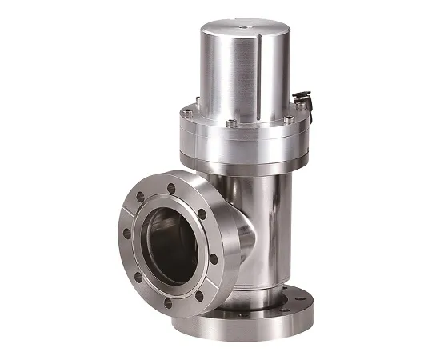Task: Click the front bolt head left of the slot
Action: [230, 122]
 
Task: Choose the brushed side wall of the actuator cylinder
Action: [216, 72]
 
